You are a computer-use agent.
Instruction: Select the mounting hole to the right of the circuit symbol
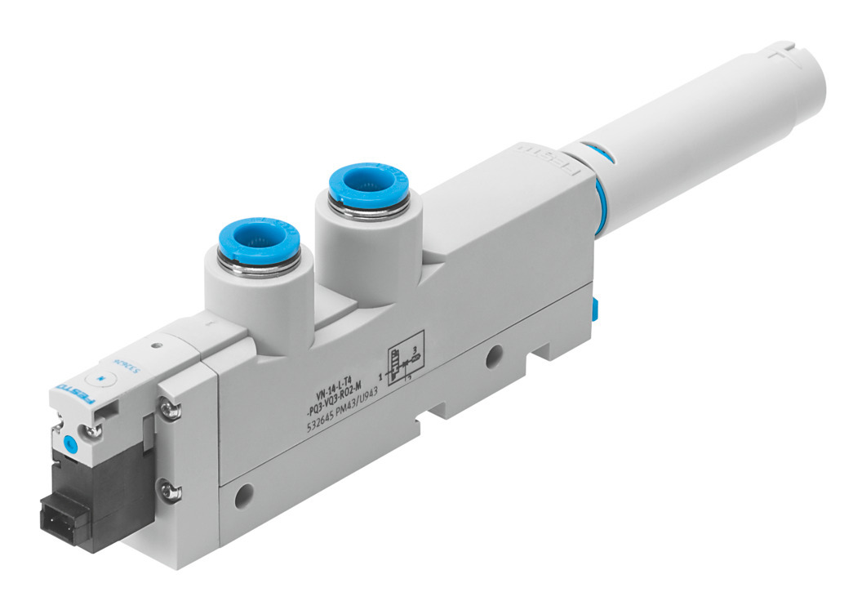point(493,355)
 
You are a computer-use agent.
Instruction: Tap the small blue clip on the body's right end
point(594,308)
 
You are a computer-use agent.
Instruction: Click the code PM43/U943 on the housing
point(364,399)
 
